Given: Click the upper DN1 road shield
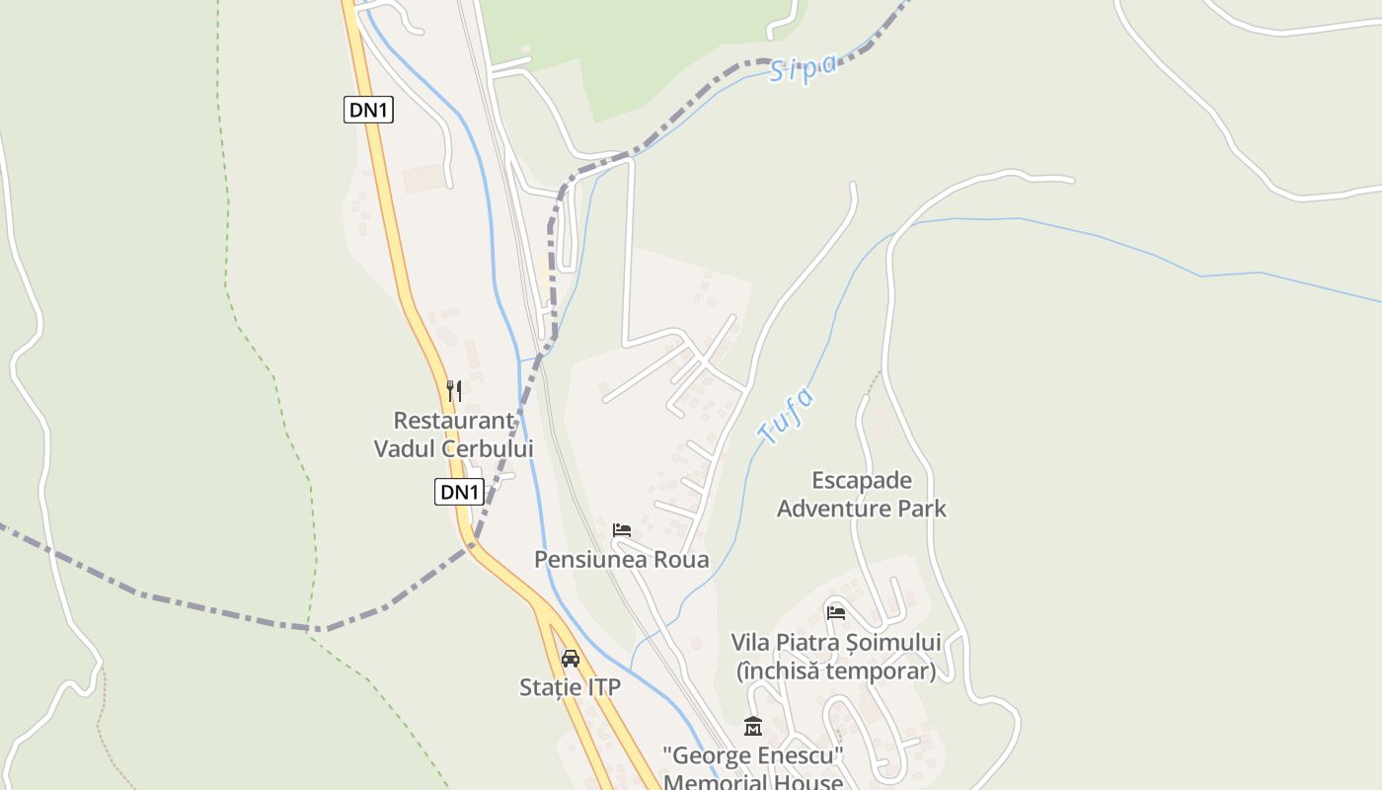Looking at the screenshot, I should point(369,110).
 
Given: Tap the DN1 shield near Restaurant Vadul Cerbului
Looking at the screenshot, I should point(459,492).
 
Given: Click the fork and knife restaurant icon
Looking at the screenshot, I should point(453,391).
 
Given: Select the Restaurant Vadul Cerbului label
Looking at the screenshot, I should point(453,434).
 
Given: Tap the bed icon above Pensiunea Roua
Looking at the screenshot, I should point(621,530).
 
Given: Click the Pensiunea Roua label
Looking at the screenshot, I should point(621,559).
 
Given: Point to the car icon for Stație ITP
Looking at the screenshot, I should point(570,658).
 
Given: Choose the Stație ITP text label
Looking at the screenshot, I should point(570,687).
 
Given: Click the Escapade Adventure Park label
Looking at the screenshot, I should point(861,495).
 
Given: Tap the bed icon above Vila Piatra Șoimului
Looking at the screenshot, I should point(836,612).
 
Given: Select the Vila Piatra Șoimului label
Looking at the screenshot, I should point(835,642).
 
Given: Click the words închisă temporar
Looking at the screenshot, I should point(835,671).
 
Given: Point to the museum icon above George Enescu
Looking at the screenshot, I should point(753,727).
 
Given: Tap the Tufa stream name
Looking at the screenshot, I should point(787,415).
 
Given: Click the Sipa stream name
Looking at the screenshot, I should point(803,68).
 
